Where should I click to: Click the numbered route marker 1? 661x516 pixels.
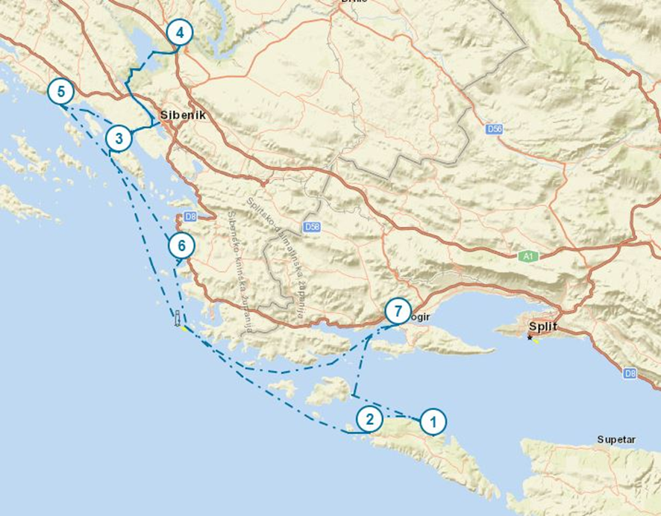[x=433, y=421]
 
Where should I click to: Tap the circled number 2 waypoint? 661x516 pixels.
[x=369, y=419]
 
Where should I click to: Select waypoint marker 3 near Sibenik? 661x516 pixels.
[x=119, y=138]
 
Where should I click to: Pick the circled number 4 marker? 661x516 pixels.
[x=180, y=33]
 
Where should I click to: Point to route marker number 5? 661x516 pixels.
[x=60, y=93]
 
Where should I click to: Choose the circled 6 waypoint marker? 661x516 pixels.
[x=181, y=245]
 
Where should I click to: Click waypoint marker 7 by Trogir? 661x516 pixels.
[x=398, y=310]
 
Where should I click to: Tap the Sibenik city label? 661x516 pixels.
[x=183, y=116]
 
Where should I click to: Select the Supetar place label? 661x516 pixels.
[x=616, y=440]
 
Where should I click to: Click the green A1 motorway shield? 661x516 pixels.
[x=528, y=256]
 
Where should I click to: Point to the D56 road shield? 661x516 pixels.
[x=493, y=130]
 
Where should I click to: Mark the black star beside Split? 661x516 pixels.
[x=530, y=338]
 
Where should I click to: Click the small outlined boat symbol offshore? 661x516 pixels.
[x=178, y=319]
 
